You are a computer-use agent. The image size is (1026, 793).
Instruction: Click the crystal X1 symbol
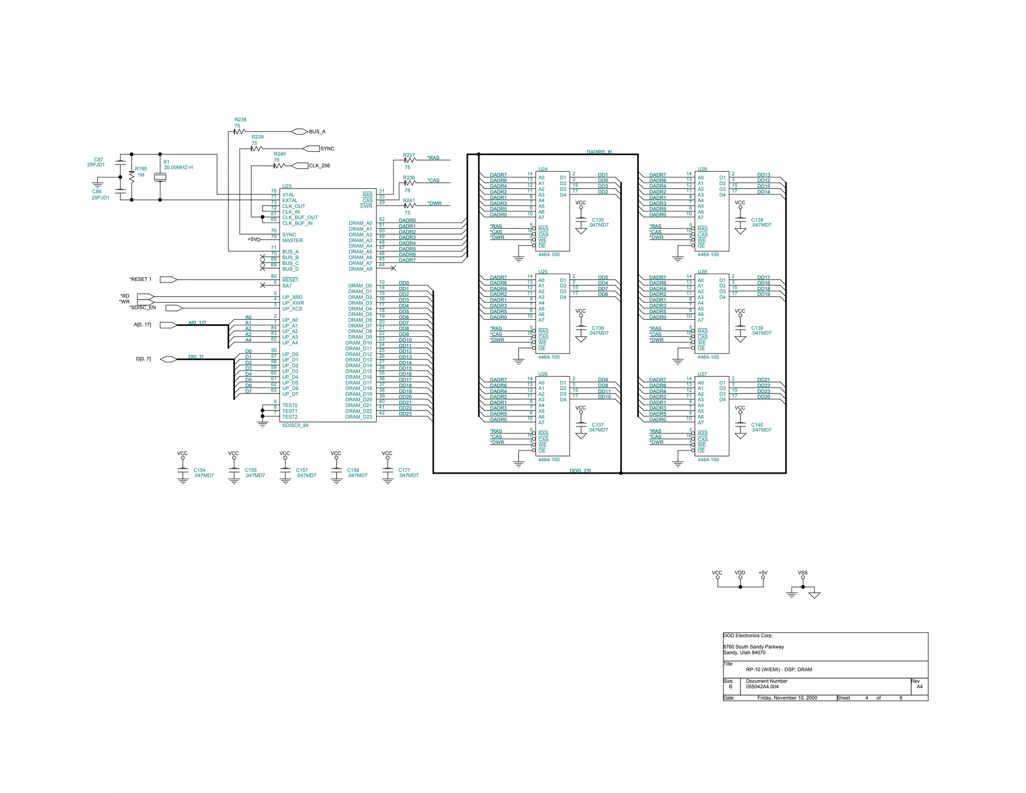160,177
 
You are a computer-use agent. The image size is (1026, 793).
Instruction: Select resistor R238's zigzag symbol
239,132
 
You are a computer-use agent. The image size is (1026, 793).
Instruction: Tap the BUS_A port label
317,132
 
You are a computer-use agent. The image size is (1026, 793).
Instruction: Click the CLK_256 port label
320,166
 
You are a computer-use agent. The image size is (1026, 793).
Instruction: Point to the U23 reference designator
287,186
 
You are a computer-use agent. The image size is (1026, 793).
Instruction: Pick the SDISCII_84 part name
295,426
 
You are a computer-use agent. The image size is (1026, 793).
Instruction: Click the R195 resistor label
141,169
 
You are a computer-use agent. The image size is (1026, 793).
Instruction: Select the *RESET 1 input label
140,279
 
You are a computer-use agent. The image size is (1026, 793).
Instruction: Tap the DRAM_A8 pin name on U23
360,269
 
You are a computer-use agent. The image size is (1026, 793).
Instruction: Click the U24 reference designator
543,169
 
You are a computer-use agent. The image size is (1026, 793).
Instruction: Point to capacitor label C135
598,220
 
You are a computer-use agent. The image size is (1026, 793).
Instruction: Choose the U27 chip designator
702,374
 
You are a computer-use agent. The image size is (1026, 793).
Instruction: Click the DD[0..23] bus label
580,471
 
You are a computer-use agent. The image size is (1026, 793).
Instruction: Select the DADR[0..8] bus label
599,152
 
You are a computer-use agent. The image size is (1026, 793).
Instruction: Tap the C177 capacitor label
404,470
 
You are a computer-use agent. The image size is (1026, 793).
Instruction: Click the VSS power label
803,572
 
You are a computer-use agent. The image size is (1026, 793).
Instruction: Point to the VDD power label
740,572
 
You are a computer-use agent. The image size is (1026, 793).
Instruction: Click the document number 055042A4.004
762,687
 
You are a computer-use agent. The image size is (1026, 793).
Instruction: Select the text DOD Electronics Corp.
747,636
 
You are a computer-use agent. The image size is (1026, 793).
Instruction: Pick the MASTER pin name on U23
292,241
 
